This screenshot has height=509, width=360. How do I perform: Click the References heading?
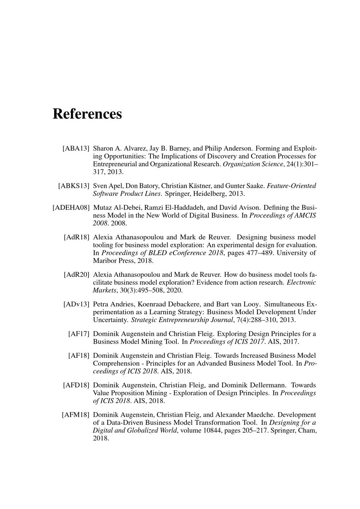click(x=87, y=114)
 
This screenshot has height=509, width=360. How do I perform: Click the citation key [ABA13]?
click(x=76, y=148)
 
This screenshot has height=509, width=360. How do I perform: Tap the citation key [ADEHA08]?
click(x=71, y=208)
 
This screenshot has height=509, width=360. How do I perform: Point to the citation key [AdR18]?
click(x=76, y=237)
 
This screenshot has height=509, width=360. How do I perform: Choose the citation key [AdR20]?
click(x=76, y=275)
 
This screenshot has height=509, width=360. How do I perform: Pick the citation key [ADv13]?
click(x=76, y=304)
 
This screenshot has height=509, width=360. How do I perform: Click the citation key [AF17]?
click(x=78, y=334)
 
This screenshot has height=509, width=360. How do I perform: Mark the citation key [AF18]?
click(x=78, y=356)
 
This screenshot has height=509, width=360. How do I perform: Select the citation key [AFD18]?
click(x=76, y=385)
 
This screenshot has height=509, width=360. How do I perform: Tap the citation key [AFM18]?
click(x=75, y=415)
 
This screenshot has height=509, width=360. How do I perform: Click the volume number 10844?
click(x=212, y=430)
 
